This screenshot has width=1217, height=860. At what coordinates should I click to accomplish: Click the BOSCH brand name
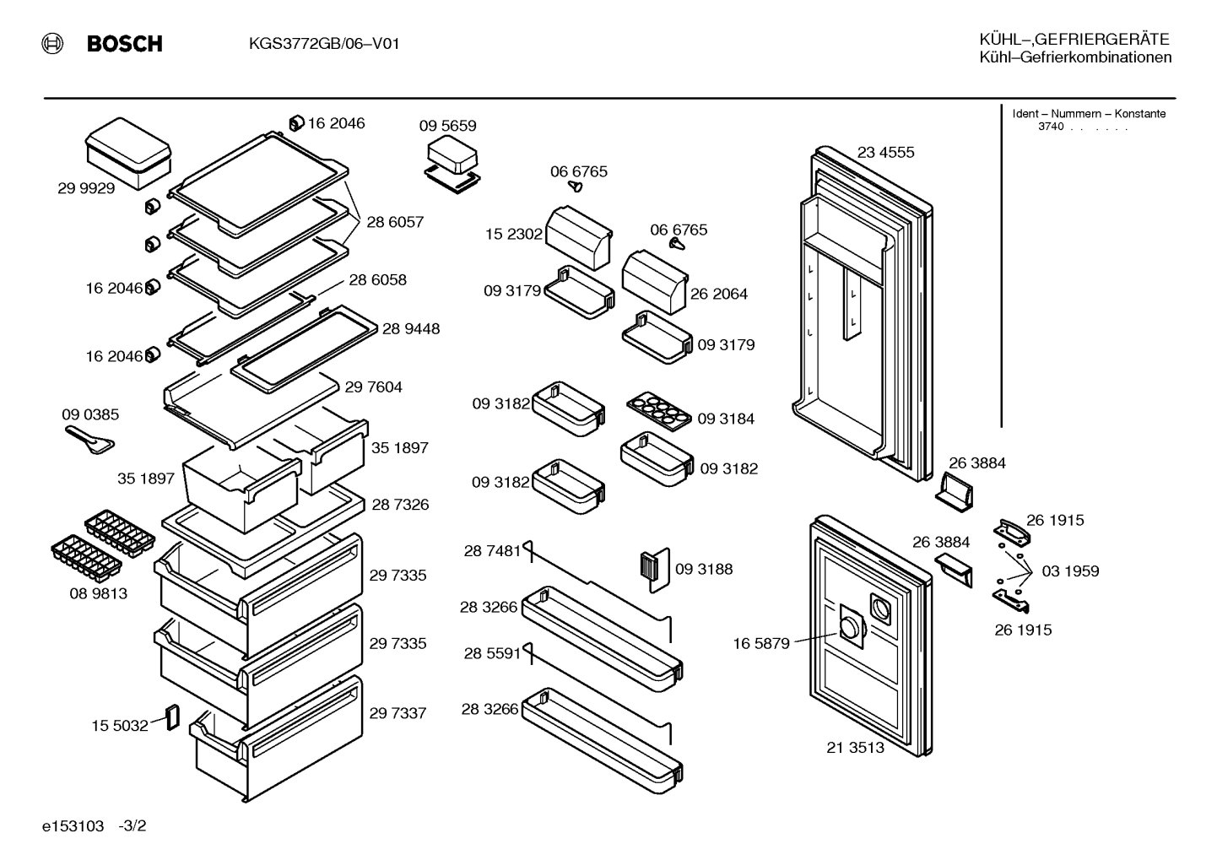pos(124,43)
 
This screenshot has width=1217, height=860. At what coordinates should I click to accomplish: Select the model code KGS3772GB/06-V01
pos(324,43)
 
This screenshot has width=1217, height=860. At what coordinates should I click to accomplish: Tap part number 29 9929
pos(86,188)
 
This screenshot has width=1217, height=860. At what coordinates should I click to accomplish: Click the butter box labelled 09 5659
pos(452,164)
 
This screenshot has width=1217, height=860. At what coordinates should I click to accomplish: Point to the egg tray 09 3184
pos(658,412)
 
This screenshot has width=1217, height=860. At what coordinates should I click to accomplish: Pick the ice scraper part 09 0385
pos(89,440)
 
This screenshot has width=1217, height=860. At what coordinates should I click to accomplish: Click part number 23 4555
pos(885,152)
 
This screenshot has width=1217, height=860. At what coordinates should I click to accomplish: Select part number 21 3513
pos(855,748)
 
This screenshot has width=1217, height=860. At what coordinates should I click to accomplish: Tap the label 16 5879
pos(761,643)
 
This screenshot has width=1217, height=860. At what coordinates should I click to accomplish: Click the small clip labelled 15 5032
pos(172,717)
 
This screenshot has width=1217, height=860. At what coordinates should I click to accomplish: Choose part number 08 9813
pos(99,593)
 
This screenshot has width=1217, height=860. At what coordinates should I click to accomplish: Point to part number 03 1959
pos(1070,571)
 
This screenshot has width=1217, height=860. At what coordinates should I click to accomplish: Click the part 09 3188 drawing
pos(655,570)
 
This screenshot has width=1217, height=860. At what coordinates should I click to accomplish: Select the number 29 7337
pos(398,713)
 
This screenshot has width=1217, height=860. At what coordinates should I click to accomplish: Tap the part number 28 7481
pos(492,551)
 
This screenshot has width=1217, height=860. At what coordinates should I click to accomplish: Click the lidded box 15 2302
pos(579,237)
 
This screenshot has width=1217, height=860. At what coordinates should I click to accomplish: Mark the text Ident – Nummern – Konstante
pos(1089,114)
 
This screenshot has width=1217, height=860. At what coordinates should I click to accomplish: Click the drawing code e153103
pos(73,826)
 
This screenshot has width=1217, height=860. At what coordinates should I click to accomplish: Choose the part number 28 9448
pos(411,328)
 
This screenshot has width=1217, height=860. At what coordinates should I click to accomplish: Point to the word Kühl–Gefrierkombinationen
pos(1075,57)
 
